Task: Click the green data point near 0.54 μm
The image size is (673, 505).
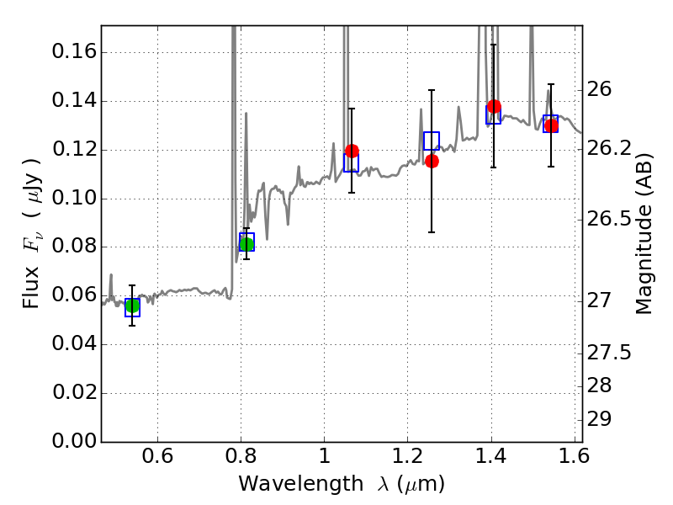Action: coord(132,306)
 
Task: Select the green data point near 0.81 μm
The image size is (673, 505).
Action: coord(246,244)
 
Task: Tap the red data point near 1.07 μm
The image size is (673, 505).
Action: coord(352,151)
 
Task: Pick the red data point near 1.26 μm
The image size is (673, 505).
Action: coord(432,161)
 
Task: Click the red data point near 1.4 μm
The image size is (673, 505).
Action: coord(494,106)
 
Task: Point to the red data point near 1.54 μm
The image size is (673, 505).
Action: coord(551,125)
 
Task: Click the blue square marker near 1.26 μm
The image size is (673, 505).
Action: coord(432,141)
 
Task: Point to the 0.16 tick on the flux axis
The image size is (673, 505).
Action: coord(73,52)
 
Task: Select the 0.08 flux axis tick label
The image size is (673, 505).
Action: coord(73,247)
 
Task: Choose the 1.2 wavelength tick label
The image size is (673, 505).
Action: coord(407,459)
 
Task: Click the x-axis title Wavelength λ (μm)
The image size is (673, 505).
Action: coord(341,484)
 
